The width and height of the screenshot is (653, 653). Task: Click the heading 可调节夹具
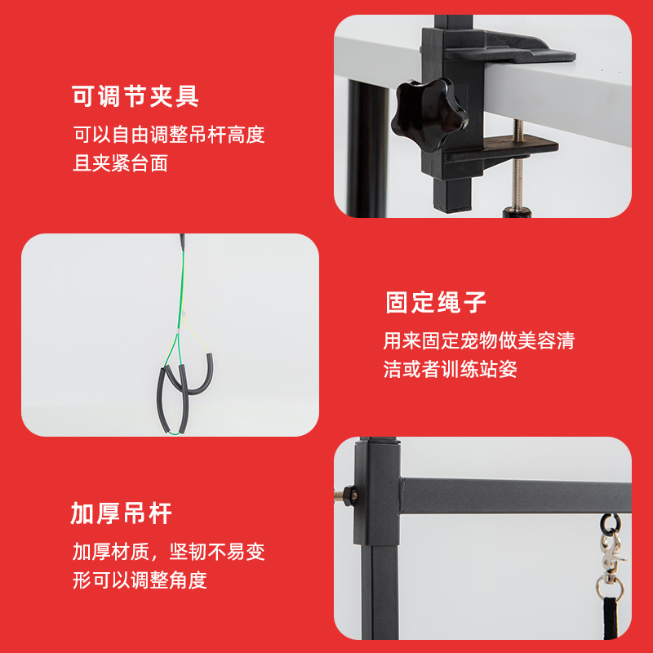tap(135, 98)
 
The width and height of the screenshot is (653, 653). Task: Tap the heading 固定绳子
tap(436, 303)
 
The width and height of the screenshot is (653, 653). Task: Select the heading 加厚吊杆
tap(121, 513)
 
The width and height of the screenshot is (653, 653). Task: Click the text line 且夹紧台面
tap(120, 163)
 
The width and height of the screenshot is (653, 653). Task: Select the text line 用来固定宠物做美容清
tap(479, 340)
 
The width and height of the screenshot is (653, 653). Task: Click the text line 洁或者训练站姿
tap(450, 369)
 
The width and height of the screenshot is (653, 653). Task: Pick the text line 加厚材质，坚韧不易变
tap(169, 552)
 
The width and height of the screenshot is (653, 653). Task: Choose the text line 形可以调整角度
tap(140, 580)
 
